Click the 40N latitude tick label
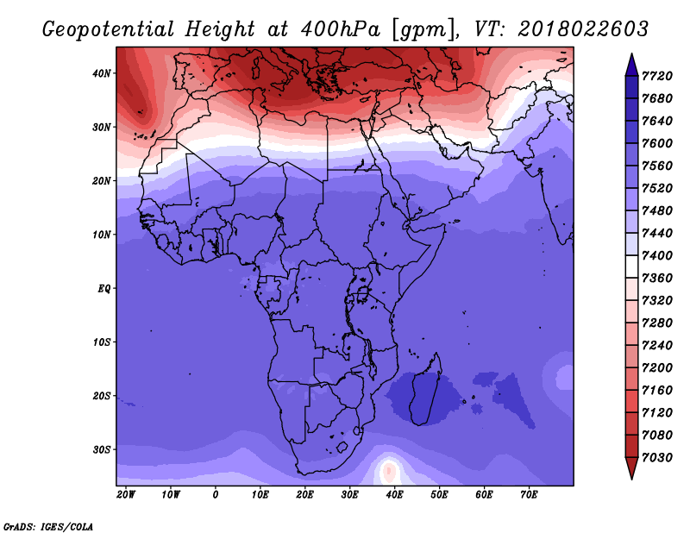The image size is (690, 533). [101, 73]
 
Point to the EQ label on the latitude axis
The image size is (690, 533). [103, 289]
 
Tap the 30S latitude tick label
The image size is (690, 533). [101, 450]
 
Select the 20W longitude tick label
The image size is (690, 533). [126, 494]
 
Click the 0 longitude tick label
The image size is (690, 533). [215, 494]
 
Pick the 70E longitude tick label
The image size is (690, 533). [529, 494]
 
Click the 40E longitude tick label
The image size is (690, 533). [394, 494]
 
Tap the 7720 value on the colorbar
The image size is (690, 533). [657, 76]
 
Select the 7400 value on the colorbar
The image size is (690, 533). [657, 255]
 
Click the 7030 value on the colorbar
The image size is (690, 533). [657, 458]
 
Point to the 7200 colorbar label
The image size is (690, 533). [657, 368]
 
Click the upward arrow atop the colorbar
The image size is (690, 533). [631, 65]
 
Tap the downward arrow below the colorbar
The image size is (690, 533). [631, 468]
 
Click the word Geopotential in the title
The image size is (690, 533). [109, 30]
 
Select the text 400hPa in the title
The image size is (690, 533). [340, 29]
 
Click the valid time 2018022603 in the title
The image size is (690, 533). [583, 29]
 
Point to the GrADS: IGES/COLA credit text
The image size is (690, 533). [48, 526]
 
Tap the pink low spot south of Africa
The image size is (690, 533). [388, 471]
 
